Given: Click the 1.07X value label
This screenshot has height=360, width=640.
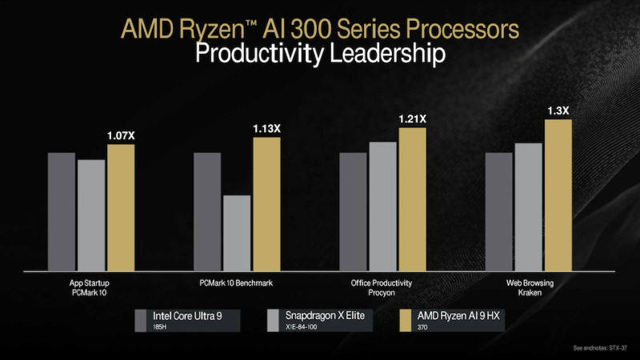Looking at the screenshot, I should click(x=122, y=136).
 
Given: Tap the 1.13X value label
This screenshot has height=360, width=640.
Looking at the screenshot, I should click(x=267, y=129).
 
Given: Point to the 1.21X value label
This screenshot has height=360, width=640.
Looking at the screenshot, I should click(x=413, y=119).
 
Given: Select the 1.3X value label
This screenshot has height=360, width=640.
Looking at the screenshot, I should click(x=558, y=110).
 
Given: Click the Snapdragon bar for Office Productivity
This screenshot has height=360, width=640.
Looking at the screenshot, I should click(x=382, y=206).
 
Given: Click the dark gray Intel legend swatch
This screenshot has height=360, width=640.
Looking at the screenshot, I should click(x=140, y=320).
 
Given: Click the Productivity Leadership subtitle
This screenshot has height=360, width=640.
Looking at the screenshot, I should click(x=320, y=54).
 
